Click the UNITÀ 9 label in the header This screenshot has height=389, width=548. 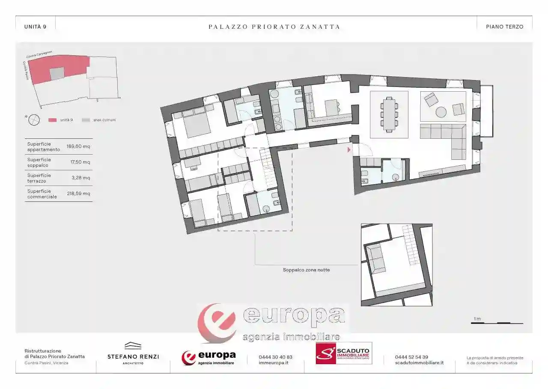pyautogui.click(x=35, y=27)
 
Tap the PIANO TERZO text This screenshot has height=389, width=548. pyautogui.click(x=504, y=27)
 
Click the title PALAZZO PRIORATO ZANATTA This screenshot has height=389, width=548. pyautogui.click(x=274, y=27)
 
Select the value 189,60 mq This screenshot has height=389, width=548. pyautogui.click(x=78, y=147)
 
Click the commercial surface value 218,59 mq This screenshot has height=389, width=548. pyautogui.click(x=78, y=194)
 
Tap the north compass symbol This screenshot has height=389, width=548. pyautogui.click(x=34, y=120)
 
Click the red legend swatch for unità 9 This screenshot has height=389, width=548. pyautogui.click(x=53, y=120)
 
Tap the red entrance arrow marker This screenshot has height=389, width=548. pyautogui.click(x=349, y=150)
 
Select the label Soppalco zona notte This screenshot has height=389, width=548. pyautogui.click(x=306, y=270)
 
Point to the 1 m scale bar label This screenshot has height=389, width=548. pyautogui.click(x=477, y=319)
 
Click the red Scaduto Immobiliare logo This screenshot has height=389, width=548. pyautogui.click(x=344, y=353)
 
